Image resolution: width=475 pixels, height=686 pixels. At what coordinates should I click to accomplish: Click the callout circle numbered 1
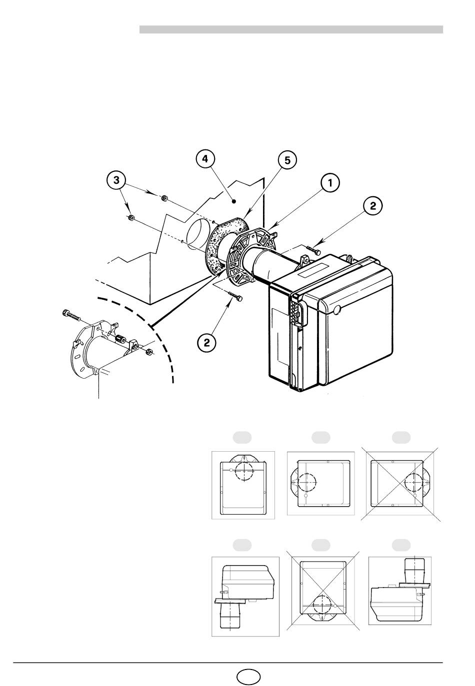(330, 183)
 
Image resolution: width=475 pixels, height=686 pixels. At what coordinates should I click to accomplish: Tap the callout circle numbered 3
(116, 180)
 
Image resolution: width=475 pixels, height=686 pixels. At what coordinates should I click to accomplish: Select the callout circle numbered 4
(205, 159)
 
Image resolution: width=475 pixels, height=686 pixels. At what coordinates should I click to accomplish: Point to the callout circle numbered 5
(287, 160)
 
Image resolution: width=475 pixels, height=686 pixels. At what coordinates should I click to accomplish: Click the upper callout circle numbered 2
(372, 206)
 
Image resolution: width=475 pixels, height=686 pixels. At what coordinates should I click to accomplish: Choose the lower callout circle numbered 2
(207, 342)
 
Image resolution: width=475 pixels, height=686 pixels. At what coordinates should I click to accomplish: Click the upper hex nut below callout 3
(164, 198)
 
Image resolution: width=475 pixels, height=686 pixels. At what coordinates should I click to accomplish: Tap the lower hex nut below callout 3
(130, 217)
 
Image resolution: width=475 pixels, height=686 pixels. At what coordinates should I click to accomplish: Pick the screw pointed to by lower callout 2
(235, 295)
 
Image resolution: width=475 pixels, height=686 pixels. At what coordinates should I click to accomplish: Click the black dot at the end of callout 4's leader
(234, 201)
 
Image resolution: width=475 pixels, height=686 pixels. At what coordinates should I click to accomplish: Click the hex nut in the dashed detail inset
(149, 351)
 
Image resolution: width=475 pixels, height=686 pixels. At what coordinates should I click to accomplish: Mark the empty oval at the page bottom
(248, 676)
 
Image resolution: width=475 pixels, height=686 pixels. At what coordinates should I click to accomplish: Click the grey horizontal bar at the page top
(291, 29)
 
